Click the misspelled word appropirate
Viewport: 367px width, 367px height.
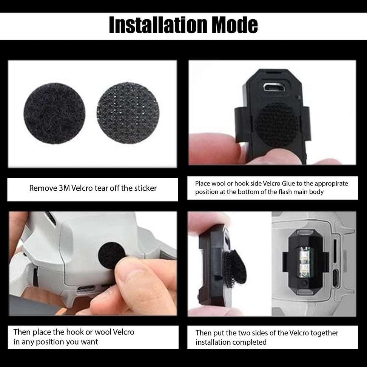(330, 184)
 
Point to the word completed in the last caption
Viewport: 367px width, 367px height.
(249, 342)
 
